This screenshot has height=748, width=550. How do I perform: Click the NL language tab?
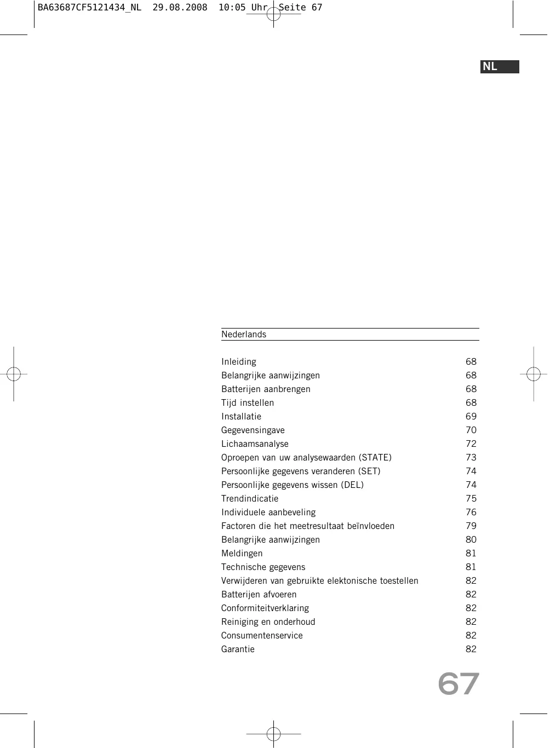tap(499, 67)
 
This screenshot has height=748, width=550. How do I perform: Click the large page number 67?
tap(459, 684)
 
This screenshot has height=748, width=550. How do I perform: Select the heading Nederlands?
tap(244, 335)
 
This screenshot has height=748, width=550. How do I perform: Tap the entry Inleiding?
tap(239, 362)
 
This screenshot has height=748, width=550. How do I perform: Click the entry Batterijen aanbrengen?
tap(266, 389)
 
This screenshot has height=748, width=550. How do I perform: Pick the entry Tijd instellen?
tap(248, 403)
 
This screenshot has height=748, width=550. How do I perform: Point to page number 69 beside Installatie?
tap(471, 417)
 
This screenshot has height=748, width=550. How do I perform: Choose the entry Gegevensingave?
tap(253, 430)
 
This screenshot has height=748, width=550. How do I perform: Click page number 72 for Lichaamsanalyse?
tap(471, 444)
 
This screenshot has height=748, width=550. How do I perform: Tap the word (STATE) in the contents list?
tap(375, 458)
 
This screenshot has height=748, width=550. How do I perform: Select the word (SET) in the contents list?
tap(369, 471)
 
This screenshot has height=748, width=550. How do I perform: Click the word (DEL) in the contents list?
tap(352, 485)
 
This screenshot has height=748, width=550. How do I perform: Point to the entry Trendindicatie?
tap(250, 499)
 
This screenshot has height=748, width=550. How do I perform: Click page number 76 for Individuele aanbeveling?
tap(471, 513)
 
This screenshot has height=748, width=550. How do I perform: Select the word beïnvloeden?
tap(371, 526)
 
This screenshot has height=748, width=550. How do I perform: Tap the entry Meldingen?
tap(242, 554)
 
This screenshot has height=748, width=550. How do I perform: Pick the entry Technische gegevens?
tap(263, 567)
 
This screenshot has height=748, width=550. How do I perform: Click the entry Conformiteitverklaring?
tap(265, 608)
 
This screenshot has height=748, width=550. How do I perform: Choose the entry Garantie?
tap(238, 649)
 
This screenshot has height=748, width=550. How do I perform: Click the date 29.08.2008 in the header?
tap(180, 8)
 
